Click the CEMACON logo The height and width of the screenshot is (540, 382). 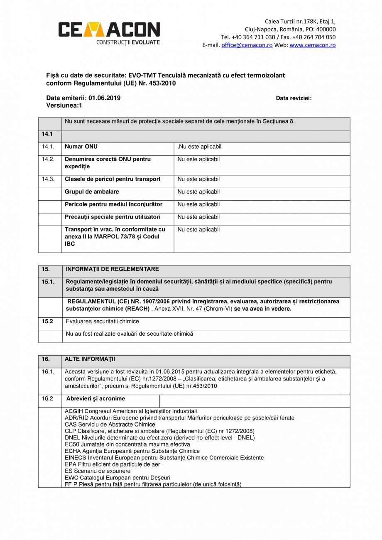click(109, 32)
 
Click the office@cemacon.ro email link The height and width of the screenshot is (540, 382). click(247, 45)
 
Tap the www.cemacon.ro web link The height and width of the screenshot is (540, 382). click(312, 45)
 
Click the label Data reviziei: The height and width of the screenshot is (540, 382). click(294, 98)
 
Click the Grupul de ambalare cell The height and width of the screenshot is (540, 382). click(92, 192)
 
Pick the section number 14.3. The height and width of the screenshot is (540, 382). click(48, 179)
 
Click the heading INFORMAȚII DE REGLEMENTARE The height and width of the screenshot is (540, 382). click(112, 269)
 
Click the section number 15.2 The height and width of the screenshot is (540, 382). click(47, 322)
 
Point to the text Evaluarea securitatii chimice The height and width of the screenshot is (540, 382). click(103, 322)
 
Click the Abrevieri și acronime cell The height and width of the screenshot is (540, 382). click(95, 399)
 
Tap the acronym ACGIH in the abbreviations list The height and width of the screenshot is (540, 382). click(73, 411)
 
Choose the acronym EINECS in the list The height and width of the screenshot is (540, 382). click(75, 458)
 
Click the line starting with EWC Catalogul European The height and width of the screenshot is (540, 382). click(118, 478)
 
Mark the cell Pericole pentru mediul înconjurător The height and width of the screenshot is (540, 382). click(113, 204)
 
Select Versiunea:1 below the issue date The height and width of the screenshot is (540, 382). click(64, 106)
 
